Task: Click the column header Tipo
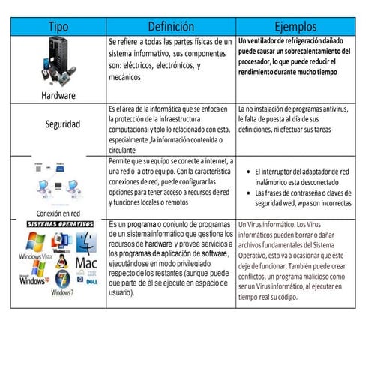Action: pyautogui.click(x=58, y=26)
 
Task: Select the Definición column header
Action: pyautogui.click(x=169, y=26)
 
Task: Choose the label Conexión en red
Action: pyautogui.click(x=54, y=212)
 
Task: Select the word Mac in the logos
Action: pyautogui.click(x=86, y=264)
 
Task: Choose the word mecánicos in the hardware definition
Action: pyautogui.click(x=126, y=76)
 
